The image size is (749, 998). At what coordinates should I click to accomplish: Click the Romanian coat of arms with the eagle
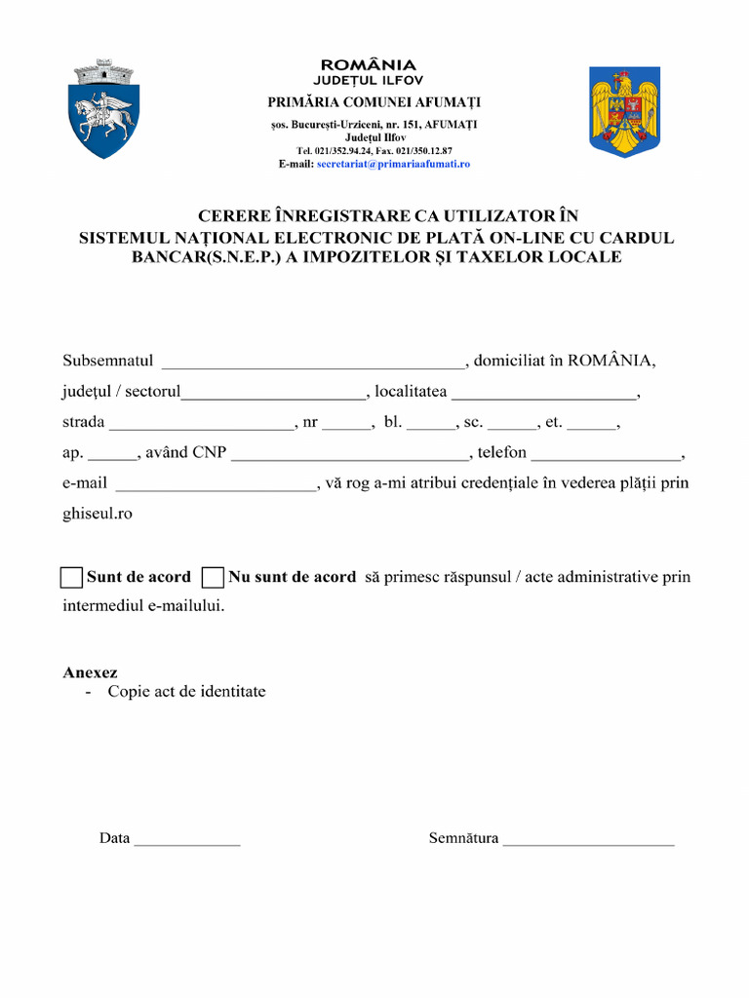click(624, 111)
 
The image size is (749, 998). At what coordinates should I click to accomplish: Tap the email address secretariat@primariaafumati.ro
click(393, 165)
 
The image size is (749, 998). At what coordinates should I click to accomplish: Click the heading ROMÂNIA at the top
click(369, 65)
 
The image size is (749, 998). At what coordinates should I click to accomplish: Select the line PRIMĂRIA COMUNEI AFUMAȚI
click(374, 102)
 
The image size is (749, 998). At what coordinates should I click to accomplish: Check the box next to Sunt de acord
click(71, 577)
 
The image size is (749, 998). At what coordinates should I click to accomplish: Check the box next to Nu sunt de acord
click(214, 577)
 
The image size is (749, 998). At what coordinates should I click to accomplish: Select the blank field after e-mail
click(216, 484)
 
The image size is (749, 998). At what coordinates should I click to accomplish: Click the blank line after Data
click(186, 840)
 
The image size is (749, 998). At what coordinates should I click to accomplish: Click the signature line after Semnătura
click(588, 840)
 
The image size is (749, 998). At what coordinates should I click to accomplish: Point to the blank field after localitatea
click(543, 394)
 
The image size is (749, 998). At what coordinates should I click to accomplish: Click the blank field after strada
click(201, 424)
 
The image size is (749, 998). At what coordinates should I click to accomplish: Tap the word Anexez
click(90, 672)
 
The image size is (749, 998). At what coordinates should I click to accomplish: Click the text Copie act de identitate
click(186, 692)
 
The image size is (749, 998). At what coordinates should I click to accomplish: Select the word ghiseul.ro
click(98, 513)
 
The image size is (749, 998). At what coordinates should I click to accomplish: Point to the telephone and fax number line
click(374, 151)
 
